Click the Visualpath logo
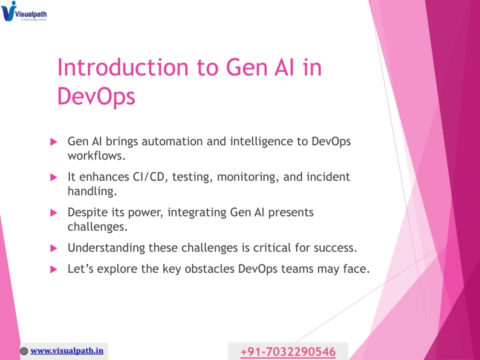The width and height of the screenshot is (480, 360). tap(24, 11)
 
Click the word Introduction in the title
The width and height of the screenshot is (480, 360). tap(123, 67)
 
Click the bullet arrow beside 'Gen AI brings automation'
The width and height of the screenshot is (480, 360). tap(53, 142)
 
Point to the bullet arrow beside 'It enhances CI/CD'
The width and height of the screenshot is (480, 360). tap(53, 177)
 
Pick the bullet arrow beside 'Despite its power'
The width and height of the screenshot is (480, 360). tap(53, 213)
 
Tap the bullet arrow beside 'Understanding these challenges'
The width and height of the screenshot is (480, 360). tap(53, 248)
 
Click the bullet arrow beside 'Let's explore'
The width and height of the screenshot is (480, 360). tap(53, 269)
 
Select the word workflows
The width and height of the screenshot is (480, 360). tap(97, 156)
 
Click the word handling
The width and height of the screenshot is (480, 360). tap(92, 191)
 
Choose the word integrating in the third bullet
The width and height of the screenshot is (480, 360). tap(197, 213)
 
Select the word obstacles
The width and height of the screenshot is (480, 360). tap(209, 269)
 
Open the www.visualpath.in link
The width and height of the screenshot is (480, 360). tap(67, 351)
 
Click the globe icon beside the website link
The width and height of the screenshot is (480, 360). tap(24, 351)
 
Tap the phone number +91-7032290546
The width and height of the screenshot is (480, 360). tap(288, 352)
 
